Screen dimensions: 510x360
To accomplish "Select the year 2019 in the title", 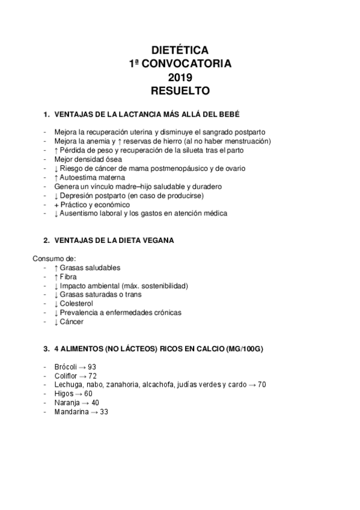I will pyautogui.click(x=180, y=78).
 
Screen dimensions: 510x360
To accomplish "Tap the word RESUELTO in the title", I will pyautogui.click(x=180, y=91).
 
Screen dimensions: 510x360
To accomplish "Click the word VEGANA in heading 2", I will pyautogui.click(x=158, y=241).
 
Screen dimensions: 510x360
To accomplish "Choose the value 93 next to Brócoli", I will pyautogui.click(x=92, y=367).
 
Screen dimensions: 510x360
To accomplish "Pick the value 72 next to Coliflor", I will pyautogui.click(x=92, y=376).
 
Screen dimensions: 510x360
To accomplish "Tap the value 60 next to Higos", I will pyautogui.click(x=88, y=393).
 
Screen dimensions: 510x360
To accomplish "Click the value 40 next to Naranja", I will pyautogui.click(x=96, y=402).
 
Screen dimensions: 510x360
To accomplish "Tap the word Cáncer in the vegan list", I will pyautogui.click(x=72, y=322).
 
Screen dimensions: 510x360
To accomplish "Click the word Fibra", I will pyautogui.click(x=69, y=277).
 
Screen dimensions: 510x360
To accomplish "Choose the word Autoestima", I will pyautogui.click(x=78, y=177).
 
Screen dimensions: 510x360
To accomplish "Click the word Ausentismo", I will pyautogui.click(x=80, y=213).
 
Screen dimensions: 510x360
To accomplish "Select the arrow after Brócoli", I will pyautogui.click(x=83, y=367).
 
